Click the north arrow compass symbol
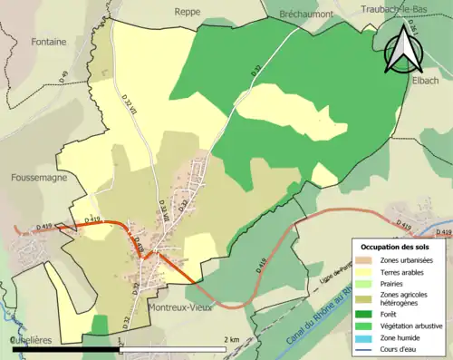pos(403,49)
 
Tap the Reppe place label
pos(188,12)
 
